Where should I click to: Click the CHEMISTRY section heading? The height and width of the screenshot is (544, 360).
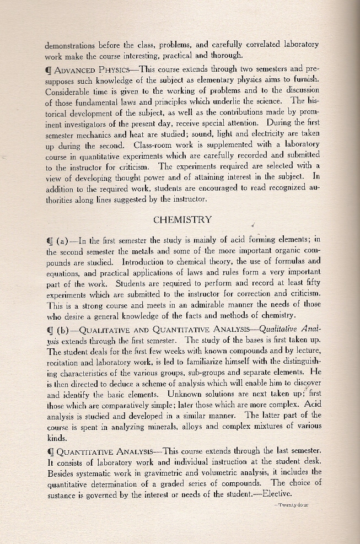click(x=182, y=219)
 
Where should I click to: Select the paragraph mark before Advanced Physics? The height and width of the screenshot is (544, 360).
click(x=49, y=70)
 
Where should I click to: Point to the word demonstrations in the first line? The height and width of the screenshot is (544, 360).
click(x=69, y=45)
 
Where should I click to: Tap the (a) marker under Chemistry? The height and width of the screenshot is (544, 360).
click(x=63, y=240)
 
